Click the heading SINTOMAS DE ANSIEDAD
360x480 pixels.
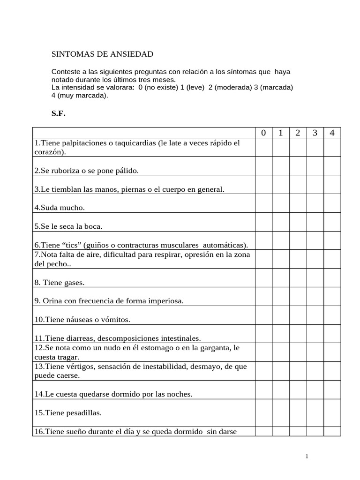point(102,54)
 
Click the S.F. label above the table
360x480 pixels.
point(59,113)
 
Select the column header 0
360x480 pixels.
point(263,133)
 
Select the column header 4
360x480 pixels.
point(332,133)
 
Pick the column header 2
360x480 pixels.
point(298,133)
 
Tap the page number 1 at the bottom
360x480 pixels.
point(307,456)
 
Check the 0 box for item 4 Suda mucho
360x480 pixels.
point(263,203)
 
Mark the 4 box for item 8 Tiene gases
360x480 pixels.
point(332,278)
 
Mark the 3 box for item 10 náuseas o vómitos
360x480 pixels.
point(315,315)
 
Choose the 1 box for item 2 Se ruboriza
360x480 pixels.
point(280,166)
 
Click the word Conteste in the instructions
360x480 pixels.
point(65,72)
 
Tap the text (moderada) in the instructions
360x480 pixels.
point(235,87)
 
